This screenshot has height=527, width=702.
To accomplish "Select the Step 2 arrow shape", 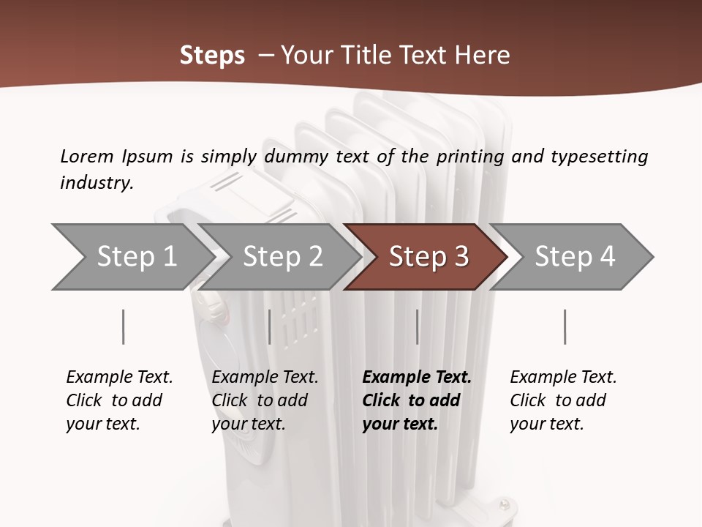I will pyautogui.click(x=282, y=256).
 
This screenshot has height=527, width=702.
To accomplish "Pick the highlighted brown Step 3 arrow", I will pyautogui.click(x=428, y=256).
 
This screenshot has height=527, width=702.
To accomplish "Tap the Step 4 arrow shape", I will pyautogui.click(x=574, y=256).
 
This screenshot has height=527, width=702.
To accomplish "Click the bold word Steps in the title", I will pyautogui.click(x=212, y=56).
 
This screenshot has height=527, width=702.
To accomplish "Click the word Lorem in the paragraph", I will pyautogui.click(x=86, y=156).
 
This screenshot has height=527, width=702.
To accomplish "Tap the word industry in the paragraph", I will pyautogui.click(x=97, y=182).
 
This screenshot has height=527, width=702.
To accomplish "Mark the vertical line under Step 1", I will pyautogui.click(x=124, y=326).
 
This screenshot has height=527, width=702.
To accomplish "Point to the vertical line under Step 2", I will pyautogui.click(x=270, y=326).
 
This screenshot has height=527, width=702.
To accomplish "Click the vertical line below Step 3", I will pyautogui.click(x=417, y=326).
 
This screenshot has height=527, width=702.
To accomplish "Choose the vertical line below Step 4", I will pyautogui.click(x=565, y=326).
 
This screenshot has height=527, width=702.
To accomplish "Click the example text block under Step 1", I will pyautogui.click(x=119, y=400).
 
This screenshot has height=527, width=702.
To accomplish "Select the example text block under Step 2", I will pyautogui.click(x=265, y=400).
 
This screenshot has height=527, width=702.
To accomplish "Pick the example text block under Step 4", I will pyautogui.click(x=563, y=400).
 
